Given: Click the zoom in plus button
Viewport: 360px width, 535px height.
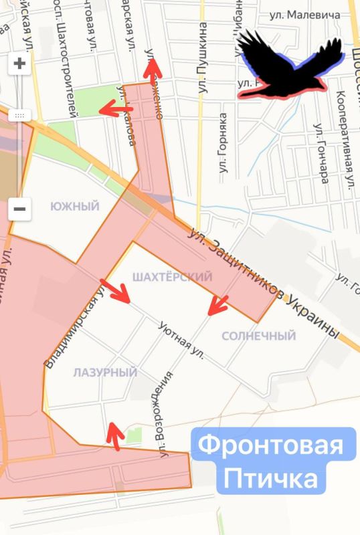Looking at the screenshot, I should click(19, 64).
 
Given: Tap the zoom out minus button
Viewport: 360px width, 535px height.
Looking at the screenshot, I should click(19, 209).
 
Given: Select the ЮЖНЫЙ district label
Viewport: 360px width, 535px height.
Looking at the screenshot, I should click(79, 207).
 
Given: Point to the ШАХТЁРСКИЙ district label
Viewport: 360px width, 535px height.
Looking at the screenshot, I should click(172, 276).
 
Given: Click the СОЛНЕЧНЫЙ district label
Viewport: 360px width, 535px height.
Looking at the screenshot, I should click(258, 335).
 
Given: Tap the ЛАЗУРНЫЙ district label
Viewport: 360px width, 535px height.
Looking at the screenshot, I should click(105, 372).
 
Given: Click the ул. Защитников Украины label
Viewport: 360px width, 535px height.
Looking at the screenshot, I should click(265, 284).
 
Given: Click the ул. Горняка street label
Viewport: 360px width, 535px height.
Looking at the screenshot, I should click(223, 146).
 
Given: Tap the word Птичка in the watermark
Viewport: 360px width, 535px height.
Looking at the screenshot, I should click(271, 479).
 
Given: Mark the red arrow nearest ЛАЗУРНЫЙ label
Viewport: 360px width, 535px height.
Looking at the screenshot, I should click(115, 434).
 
